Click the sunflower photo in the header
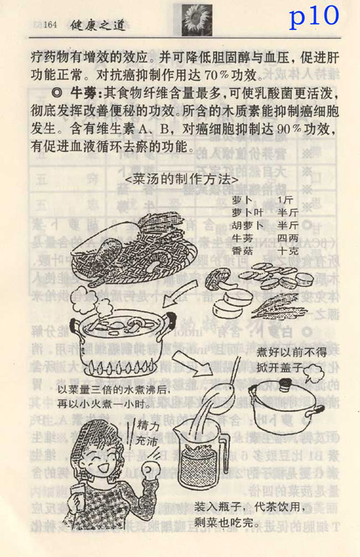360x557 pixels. (x=197, y=20)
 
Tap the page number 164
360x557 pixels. (x=50, y=24)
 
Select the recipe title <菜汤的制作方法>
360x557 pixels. (x=181, y=179)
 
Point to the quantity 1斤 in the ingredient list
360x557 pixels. (x=285, y=200)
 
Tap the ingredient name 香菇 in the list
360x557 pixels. (x=242, y=251)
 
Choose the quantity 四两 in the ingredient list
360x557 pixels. (x=287, y=238)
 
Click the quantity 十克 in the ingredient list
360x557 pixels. (x=287, y=251)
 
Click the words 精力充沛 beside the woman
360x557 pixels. (x=147, y=433)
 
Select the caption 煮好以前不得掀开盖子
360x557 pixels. (x=291, y=360)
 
